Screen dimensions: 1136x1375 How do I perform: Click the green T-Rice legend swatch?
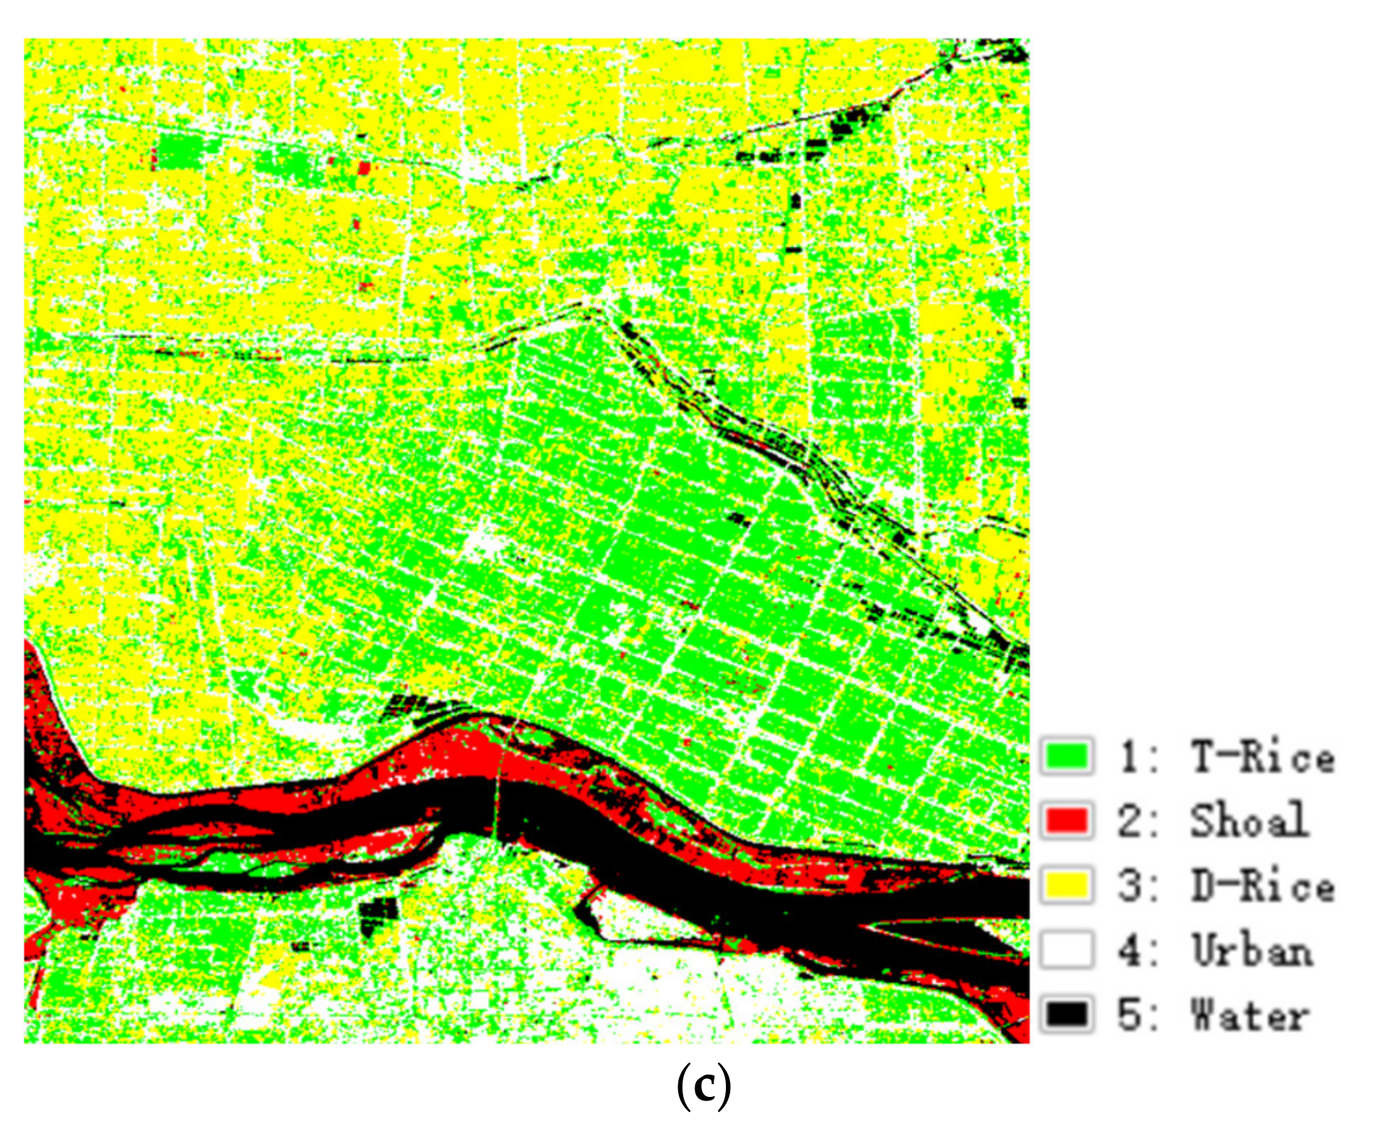pos(1066,757)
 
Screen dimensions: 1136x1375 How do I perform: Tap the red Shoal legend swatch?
pos(1066,821)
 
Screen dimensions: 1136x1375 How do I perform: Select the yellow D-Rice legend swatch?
pos(1066,885)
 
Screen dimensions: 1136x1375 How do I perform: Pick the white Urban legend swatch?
pos(1066,950)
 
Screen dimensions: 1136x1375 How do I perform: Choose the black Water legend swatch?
pos(1066,1015)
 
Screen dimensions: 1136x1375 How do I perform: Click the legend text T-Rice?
pos(1262,757)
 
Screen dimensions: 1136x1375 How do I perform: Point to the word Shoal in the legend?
pos(1249,821)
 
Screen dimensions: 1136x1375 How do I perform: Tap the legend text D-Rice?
pos(1262,885)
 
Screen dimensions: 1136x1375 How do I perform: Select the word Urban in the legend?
pos(1251,950)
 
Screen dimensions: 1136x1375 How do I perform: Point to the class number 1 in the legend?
pos(1129,757)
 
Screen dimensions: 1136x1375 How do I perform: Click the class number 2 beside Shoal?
pos(1129,821)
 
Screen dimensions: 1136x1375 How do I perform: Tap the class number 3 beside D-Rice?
pos(1129,885)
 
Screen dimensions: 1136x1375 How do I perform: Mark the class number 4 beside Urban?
pos(1129,950)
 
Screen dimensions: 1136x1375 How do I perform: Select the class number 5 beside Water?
pos(1129,1015)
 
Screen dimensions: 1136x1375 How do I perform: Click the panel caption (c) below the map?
pos(703,1086)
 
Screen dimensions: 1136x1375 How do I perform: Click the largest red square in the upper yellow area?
pos(364,168)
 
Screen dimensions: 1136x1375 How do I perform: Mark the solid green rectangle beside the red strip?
pos(178,151)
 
